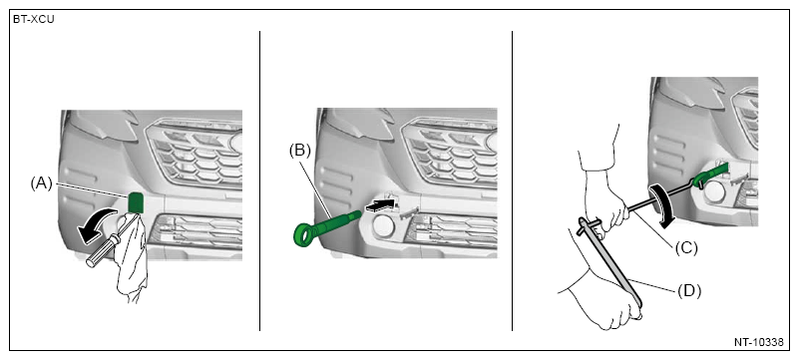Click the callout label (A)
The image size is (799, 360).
point(42,184)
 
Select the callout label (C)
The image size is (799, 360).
point(686,248)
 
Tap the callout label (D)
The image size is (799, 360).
point(689,291)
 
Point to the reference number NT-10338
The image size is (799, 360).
point(758,342)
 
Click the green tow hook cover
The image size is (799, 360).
point(136,202)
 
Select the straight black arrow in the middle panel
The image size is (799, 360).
point(381,205)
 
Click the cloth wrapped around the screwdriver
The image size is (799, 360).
point(132,259)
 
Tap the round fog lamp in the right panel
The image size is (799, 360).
point(715,191)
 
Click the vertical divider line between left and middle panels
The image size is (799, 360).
point(260,180)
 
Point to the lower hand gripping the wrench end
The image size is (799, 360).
point(601,299)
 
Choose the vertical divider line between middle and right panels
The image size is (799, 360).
point(512,180)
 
